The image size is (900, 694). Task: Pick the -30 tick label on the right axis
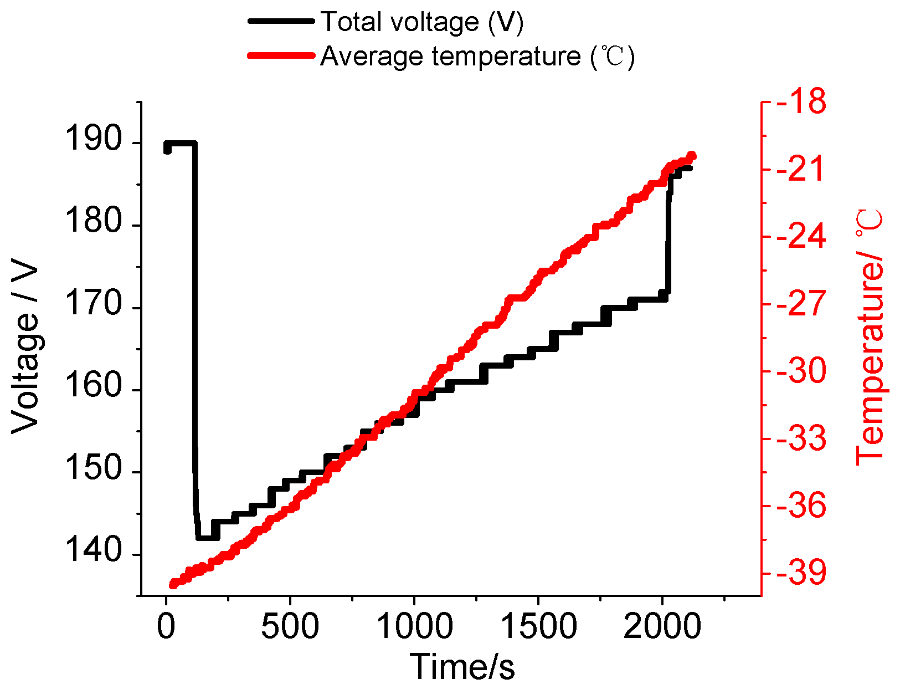(801, 371)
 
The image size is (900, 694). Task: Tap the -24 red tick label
(801, 237)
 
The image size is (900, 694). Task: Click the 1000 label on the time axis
(414, 626)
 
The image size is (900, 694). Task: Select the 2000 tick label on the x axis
(662, 626)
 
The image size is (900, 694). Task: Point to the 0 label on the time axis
(166, 626)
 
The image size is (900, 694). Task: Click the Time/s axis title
(462, 667)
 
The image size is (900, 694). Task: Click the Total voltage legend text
(422, 22)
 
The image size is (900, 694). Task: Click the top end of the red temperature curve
(691, 156)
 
